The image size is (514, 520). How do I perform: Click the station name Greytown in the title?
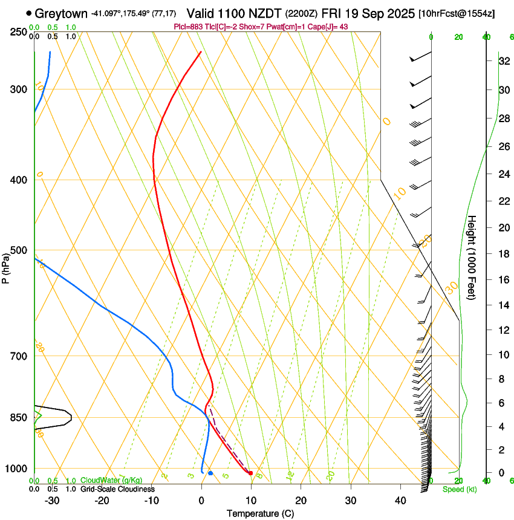click(x=61, y=13)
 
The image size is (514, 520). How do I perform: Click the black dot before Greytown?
click(x=29, y=13)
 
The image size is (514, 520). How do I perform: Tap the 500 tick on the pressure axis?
click(x=24, y=250)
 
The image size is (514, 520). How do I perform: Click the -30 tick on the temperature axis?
click(x=52, y=500)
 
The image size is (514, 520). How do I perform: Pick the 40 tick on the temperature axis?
click(x=400, y=500)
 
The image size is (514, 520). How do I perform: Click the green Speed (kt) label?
click(x=459, y=489)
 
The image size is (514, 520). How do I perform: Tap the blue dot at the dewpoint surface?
click(x=210, y=473)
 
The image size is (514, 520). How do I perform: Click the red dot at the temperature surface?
click(x=250, y=473)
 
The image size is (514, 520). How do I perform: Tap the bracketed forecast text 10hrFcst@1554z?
click(x=456, y=13)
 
